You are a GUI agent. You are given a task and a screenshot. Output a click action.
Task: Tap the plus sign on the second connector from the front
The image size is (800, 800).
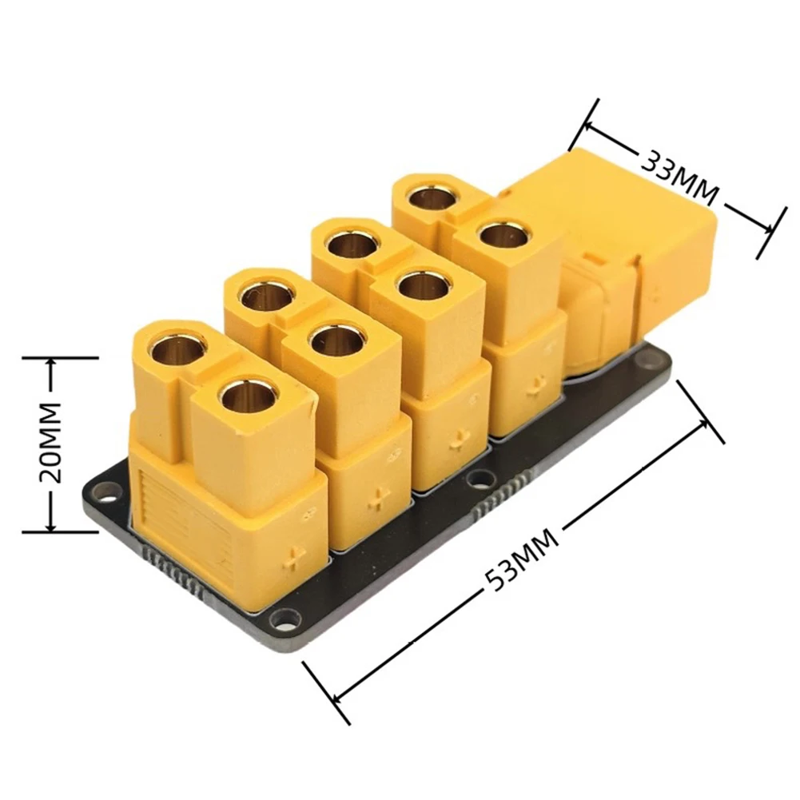pos(378,501)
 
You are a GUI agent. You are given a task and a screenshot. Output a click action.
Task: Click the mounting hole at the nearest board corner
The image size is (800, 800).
pos(281,618)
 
